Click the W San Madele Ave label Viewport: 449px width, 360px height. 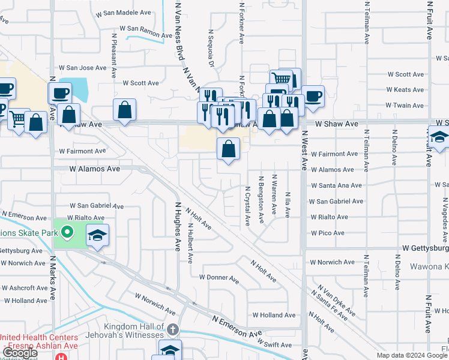point(127,12)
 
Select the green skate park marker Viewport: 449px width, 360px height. point(67,232)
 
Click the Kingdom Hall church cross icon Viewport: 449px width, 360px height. point(173,329)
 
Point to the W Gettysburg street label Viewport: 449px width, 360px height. point(425,248)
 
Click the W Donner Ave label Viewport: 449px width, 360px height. point(218,278)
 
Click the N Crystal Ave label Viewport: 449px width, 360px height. point(247,205)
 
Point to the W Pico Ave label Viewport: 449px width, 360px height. point(327,233)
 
